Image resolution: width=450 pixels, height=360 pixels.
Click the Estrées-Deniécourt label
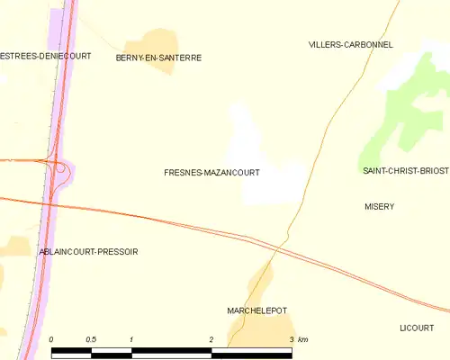point(45,56)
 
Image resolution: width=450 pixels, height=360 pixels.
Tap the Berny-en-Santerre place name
point(158,58)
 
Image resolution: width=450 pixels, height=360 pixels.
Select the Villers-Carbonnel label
point(350,44)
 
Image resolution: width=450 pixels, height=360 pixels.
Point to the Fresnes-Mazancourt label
point(212,171)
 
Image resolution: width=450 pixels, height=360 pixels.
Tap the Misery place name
point(379,206)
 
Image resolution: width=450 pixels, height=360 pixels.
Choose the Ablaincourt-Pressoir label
point(89,252)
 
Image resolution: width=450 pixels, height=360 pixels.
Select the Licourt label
point(417,328)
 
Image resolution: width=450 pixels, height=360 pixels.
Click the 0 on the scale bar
point(52,338)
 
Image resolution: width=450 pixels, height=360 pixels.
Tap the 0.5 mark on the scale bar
point(91,338)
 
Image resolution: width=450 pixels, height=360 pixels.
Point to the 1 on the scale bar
point(131,338)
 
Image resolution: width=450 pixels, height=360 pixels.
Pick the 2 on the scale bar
point(211,338)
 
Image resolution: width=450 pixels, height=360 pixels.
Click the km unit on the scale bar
point(302,338)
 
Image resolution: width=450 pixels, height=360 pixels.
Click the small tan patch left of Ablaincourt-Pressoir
point(16,246)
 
